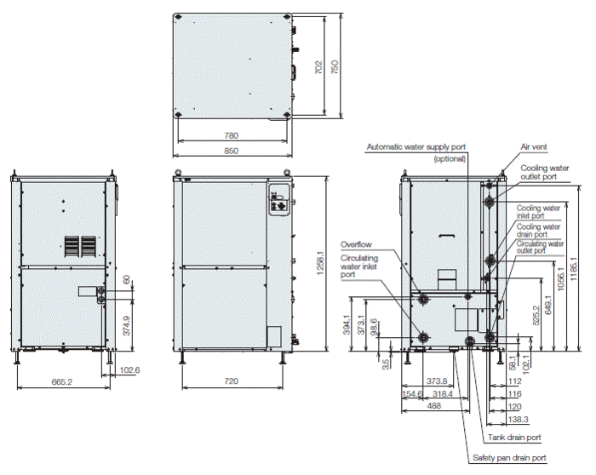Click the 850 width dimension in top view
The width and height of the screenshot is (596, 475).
231,151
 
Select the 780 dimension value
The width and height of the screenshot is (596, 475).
231,135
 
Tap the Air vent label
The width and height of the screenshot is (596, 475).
535,146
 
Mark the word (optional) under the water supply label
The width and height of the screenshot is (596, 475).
450,159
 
